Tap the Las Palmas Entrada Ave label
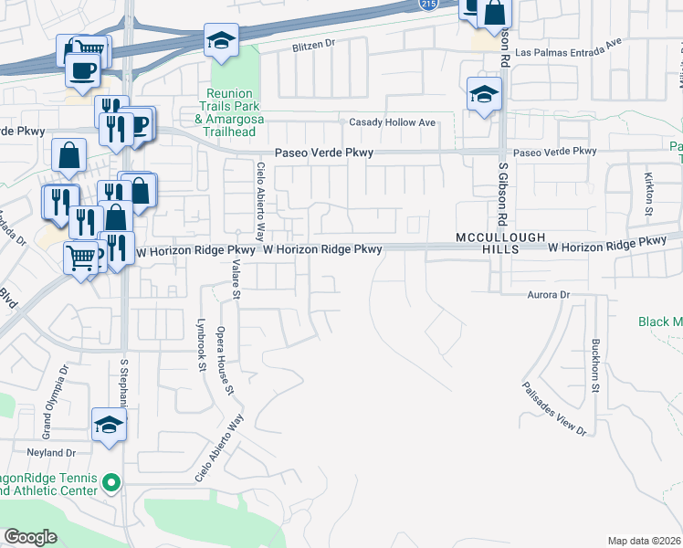(x=568, y=53)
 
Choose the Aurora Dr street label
(x=548, y=295)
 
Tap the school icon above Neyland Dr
(x=109, y=425)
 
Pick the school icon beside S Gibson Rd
(x=484, y=94)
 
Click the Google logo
(x=31, y=537)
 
